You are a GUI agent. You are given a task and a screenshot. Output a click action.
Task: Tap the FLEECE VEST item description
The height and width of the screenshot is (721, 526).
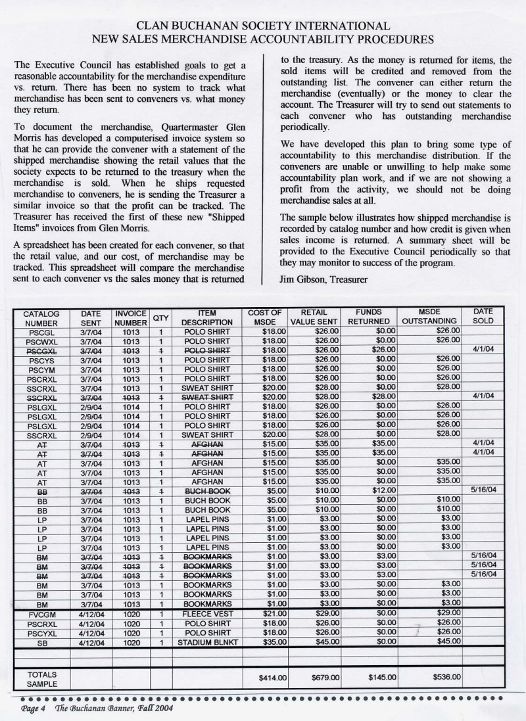(207, 613)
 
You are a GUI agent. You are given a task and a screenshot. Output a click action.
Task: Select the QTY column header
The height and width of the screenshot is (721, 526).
(160, 318)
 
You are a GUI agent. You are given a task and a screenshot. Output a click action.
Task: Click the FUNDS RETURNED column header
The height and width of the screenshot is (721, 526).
(373, 317)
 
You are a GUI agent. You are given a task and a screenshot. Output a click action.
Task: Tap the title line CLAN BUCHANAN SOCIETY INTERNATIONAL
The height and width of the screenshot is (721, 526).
(263, 26)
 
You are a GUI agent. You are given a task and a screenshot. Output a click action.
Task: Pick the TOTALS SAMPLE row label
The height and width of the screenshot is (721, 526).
(41, 679)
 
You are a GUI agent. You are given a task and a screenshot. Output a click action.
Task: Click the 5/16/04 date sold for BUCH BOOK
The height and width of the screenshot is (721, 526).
(482, 490)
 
